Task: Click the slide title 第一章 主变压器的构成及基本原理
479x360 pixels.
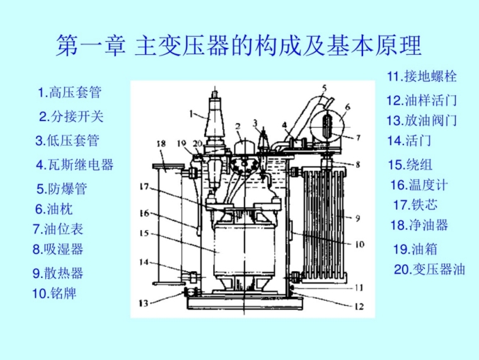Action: [x=239, y=46]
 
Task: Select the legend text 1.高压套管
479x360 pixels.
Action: [x=70, y=92]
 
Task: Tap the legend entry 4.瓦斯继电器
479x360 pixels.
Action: [x=75, y=165]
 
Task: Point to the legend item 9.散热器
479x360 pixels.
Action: [x=58, y=273]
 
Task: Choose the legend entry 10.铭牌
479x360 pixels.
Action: [x=54, y=293]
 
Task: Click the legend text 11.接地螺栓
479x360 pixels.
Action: [x=422, y=76]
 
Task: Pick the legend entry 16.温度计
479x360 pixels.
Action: [x=419, y=185]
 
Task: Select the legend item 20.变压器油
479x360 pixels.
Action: [x=429, y=270]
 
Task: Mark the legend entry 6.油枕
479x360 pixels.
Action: [x=54, y=209]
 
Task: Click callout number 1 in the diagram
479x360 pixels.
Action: [x=191, y=114]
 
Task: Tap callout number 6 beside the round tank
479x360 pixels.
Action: [x=347, y=107]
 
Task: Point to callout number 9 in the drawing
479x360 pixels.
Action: [x=358, y=218]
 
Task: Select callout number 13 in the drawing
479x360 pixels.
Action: [x=144, y=303]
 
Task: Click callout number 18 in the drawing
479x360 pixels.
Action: [x=161, y=143]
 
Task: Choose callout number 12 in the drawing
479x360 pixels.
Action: [x=359, y=306]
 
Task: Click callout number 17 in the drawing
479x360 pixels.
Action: [x=144, y=187]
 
